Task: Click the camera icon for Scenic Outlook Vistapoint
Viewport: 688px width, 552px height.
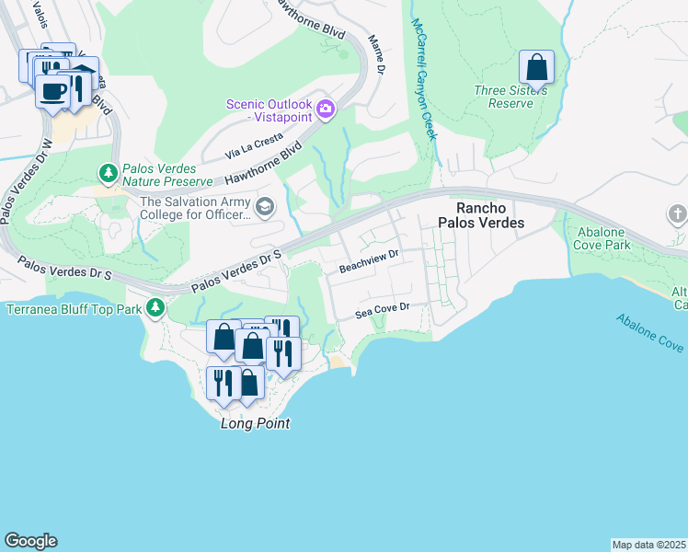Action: click(x=325, y=110)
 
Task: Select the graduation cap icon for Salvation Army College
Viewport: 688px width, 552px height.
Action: click(x=265, y=206)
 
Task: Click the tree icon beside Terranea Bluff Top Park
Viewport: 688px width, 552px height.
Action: click(x=157, y=307)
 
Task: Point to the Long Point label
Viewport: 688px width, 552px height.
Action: click(x=255, y=423)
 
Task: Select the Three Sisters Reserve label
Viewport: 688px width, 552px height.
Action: click(x=510, y=97)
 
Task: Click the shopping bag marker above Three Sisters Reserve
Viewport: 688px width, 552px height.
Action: click(x=536, y=68)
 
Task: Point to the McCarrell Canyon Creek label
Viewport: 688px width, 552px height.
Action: click(x=422, y=78)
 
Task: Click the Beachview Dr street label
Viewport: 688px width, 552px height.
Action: click(x=368, y=266)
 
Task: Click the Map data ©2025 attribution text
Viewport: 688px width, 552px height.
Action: click(x=648, y=545)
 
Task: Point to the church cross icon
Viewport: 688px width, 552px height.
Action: click(x=677, y=214)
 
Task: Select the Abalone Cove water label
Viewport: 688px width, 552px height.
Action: click(x=649, y=332)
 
